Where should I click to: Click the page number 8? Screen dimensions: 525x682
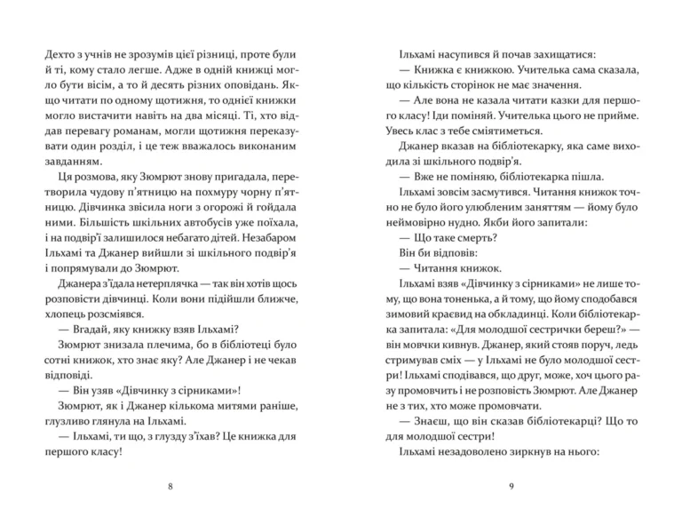coord(170,486)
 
